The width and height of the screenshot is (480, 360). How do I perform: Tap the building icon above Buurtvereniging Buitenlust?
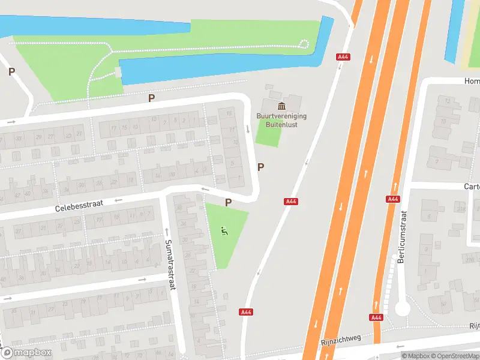pos(282,106)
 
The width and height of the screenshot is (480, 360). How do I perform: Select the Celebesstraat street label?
pos(79,206)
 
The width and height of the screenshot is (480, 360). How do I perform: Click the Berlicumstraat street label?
pos(402,237)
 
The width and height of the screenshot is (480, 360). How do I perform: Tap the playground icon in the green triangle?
pos(224,231)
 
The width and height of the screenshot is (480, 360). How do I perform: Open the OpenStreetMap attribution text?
pos(456,356)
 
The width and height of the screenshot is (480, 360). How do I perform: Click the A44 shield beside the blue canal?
pos(344,57)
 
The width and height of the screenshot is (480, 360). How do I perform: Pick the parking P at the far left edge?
pos(11,72)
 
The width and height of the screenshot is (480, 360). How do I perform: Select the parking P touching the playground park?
pos(228,203)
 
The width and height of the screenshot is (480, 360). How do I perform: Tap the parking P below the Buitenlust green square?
pos(260,167)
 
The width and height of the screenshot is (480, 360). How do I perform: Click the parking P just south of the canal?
pos(152,98)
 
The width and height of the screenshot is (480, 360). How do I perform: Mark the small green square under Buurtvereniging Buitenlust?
pos(268,133)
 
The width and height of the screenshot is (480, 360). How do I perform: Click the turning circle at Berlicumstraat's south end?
pos(402,308)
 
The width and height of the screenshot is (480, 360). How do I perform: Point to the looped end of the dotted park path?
pos(304,43)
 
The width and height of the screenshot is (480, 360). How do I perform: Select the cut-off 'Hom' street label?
pos(472,81)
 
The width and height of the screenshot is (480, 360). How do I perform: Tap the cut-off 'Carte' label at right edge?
pos(472,187)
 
